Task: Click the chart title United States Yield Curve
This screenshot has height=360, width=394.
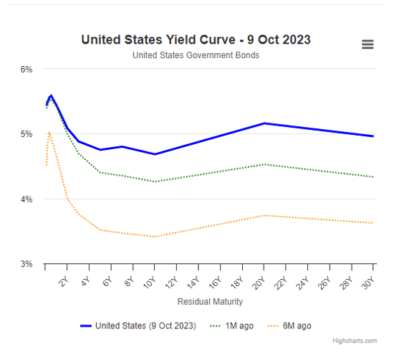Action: pyautogui.click(x=196, y=39)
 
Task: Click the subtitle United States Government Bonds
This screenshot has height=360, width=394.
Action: pyautogui.click(x=196, y=55)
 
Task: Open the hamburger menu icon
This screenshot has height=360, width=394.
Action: pyautogui.click(x=367, y=44)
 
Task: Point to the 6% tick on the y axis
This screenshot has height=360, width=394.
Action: pyautogui.click(x=27, y=70)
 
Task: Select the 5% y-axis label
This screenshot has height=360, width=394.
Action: pyautogui.click(x=27, y=134)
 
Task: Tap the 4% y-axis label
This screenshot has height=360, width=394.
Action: pyautogui.click(x=27, y=199)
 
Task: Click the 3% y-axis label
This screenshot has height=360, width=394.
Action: pyautogui.click(x=27, y=264)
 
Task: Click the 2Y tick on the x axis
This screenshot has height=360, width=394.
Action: pyautogui.click(x=63, y=280)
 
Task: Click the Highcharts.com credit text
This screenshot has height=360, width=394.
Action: pyautogui.click(x=353, y=341)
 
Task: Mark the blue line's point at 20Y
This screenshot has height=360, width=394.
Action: pyautogui.click(x=264, y=123)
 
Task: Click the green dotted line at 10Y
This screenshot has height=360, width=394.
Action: pyautogui.click(x=155, y=181)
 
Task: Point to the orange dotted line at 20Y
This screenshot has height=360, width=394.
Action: pyautogui.click(x=264, y=215)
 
